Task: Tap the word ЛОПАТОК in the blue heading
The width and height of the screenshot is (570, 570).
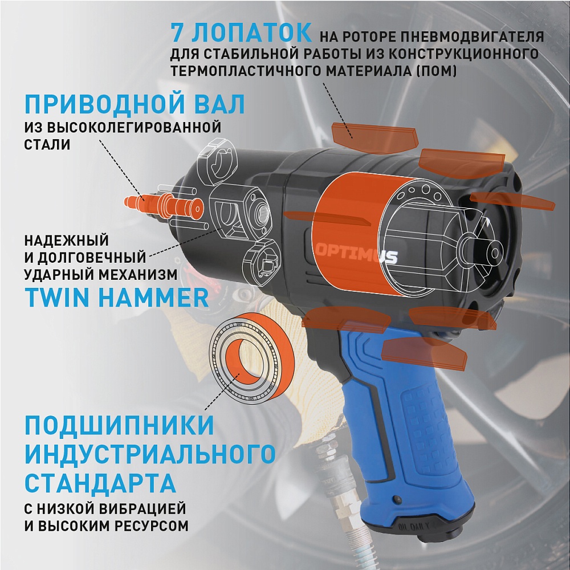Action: tap(252, 32)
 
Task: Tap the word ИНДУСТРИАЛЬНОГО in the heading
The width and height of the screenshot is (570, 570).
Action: tap(150, 455)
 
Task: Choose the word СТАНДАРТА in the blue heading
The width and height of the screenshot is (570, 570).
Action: tap(100, 484)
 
